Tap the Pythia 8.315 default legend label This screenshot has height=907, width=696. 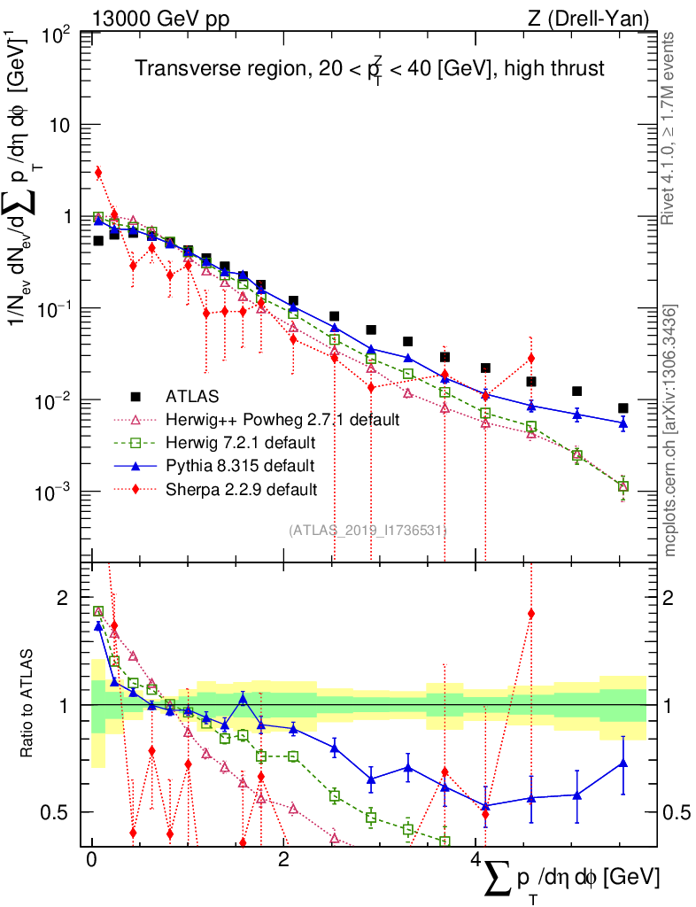point(239,464)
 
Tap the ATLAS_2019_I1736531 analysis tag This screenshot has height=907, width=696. point(367,530)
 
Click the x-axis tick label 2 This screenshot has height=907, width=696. point(283,859)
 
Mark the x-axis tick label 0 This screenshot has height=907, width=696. point(91,859)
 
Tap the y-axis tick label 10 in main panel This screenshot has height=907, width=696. point(59,125)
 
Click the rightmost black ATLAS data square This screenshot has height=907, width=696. point(623,408)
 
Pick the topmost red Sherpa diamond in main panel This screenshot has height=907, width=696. point(98,172)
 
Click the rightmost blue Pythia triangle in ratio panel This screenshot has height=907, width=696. point(623,763)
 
